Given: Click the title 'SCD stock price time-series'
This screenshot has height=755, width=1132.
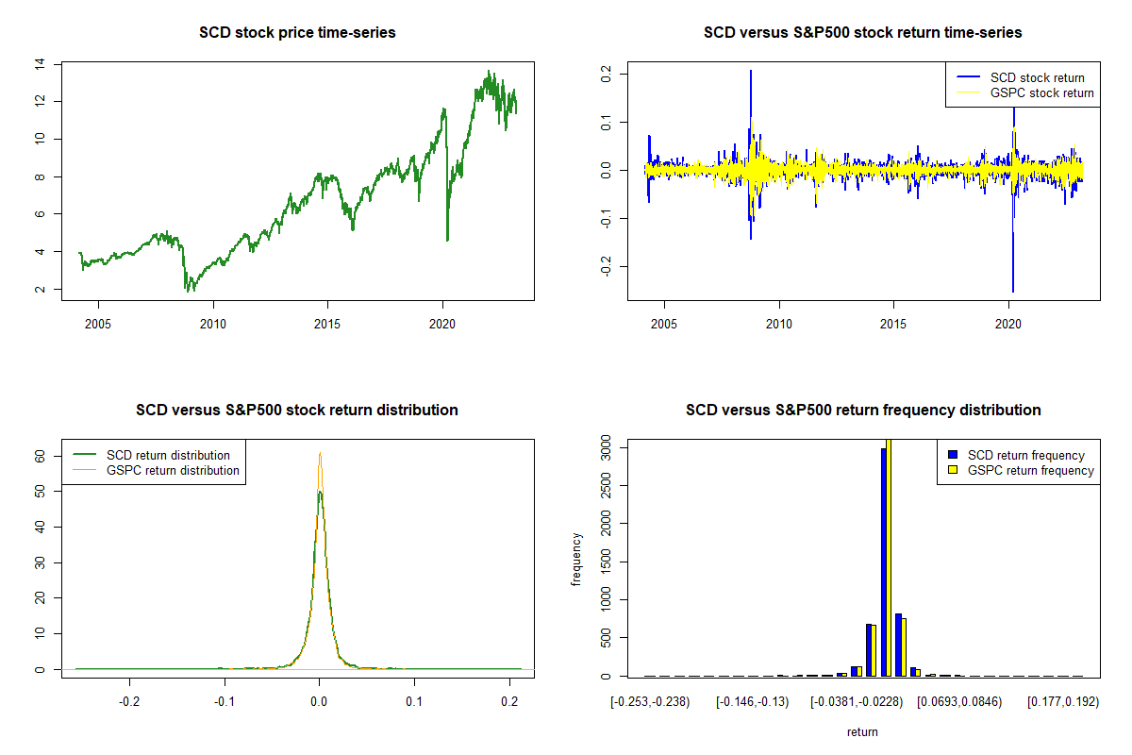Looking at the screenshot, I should click(297, 33).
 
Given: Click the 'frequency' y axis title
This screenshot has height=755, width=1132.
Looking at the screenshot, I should click(576, 560).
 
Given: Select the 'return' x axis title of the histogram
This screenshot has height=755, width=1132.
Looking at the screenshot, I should click(862, 731).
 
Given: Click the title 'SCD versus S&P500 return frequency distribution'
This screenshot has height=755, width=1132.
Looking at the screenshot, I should click(863, 411).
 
